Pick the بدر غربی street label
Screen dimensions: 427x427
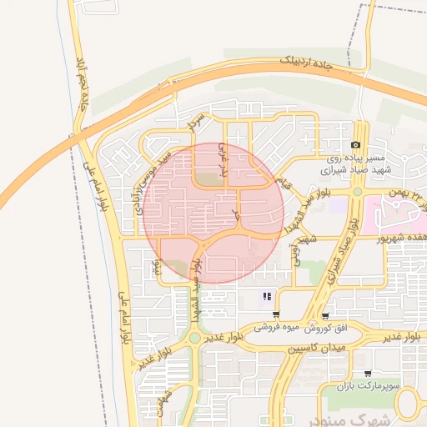click(223, 160)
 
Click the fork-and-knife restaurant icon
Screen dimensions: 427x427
click(267, 296)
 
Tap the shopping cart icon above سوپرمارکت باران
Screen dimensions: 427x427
click(368, 374)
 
